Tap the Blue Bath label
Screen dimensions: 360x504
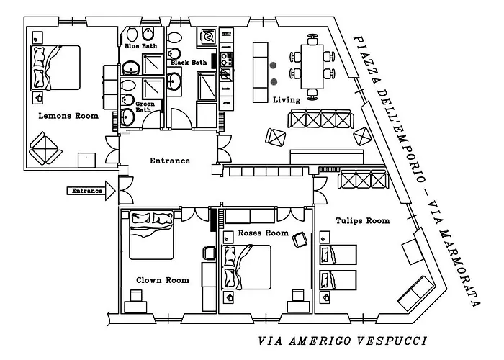(x=141, y=46)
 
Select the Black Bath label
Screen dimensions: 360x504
(x=188, y=63)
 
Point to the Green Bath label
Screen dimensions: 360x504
(x=145, y=107)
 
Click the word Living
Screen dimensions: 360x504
(x=287, y=100)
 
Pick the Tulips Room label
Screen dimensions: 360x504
(x=362, y=220)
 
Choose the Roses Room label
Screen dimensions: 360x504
(x=263, y=233)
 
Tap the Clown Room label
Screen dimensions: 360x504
(x=163, y=280)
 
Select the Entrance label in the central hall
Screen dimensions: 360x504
(x=169, y=161)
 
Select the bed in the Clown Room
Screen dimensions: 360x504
(x=151, y=234)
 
